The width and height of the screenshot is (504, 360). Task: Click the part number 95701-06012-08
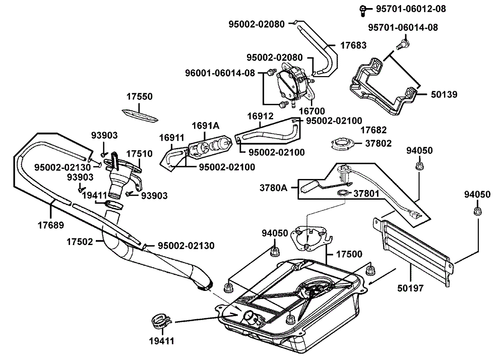tap(411, 9)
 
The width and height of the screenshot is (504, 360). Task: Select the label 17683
tap(353, 45)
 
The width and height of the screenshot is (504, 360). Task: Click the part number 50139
tap(444, 94)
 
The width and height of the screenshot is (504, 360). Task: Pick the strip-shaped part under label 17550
tap(140, 115)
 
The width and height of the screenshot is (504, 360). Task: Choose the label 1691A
tap(206, 126)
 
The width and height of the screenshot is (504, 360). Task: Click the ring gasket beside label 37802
tap(343, 143)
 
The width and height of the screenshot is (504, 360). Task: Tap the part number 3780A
tap(274, 188)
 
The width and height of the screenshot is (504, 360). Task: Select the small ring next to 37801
tap(343, 193)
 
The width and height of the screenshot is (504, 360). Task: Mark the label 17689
tap(51, 225)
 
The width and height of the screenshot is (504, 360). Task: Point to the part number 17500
tap(349, 254)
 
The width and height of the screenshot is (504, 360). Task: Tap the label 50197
tap(410, 288)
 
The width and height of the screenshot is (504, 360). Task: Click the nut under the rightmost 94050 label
tap(478, 211)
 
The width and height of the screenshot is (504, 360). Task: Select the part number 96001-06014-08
tap(220, 73)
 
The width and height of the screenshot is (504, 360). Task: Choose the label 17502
tap(80, 242)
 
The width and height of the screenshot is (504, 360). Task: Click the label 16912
tap(261, 116)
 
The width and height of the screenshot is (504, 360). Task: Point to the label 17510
tap(139, 154)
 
